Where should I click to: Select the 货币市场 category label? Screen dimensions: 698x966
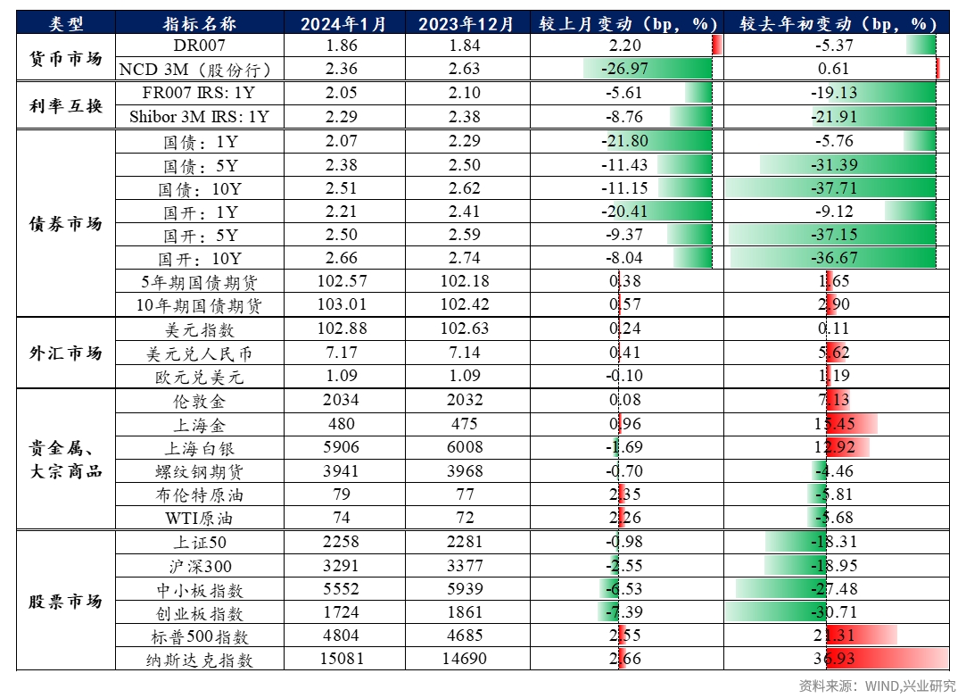pos(66,58)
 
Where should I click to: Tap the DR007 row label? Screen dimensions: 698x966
pos(200,46)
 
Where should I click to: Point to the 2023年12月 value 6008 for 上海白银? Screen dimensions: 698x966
pos(462,448)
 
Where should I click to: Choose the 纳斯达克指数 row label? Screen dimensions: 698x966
pos(200,661)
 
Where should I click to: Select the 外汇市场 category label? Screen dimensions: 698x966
pos(66,353)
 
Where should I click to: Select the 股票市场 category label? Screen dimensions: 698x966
pos(66,602)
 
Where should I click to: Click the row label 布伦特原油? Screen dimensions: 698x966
pos(200,495)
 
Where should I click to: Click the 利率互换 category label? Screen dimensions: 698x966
pos(66,105)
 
